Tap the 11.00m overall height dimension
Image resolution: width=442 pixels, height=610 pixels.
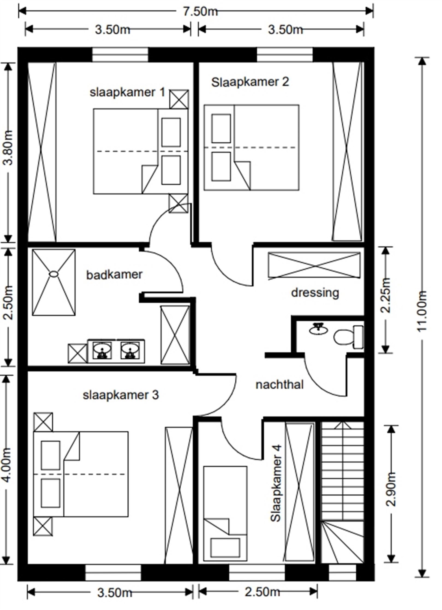422,311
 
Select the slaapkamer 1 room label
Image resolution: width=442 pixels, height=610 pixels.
127,92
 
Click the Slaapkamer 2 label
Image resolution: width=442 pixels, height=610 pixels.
250,82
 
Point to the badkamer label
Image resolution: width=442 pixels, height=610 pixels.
114,275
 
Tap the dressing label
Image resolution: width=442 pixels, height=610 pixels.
315,293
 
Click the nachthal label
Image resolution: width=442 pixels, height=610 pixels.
280,385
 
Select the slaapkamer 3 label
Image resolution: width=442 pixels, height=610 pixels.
121,395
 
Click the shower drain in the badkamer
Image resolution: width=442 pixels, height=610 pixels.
54,274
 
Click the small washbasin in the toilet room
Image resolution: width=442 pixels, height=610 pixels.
318,329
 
